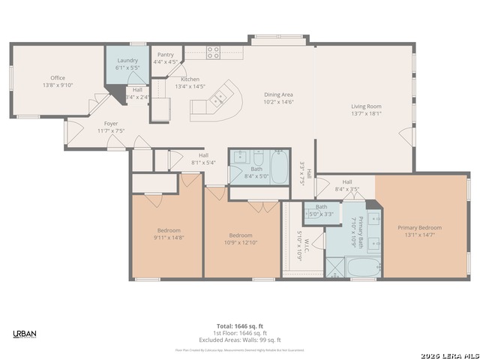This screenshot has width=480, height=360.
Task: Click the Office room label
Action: tap(58, 78)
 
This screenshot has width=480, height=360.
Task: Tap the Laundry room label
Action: tap(127, 61)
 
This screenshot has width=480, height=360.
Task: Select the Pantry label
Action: tap(165, 55)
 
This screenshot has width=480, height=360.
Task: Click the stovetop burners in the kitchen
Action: tap(213, 52)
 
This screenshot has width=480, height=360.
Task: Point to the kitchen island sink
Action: tap(220, 97)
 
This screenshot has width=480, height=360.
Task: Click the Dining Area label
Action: tap(278, 94)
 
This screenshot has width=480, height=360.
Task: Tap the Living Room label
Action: tap(366, 106)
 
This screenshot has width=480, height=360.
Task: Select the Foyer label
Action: tap(110, 124)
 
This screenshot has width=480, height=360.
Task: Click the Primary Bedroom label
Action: tap(419, 227)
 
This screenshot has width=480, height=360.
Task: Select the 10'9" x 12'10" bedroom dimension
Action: tap(241, 241)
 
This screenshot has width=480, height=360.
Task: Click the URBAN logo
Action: tap(25, 334)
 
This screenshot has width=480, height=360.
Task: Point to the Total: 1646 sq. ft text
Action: tap(239, 325)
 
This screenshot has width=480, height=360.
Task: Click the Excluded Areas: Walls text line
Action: tap(239, 340)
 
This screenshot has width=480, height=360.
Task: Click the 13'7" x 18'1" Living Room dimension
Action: tap(366, 113)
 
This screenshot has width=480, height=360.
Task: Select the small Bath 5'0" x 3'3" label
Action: tap(321, 210)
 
